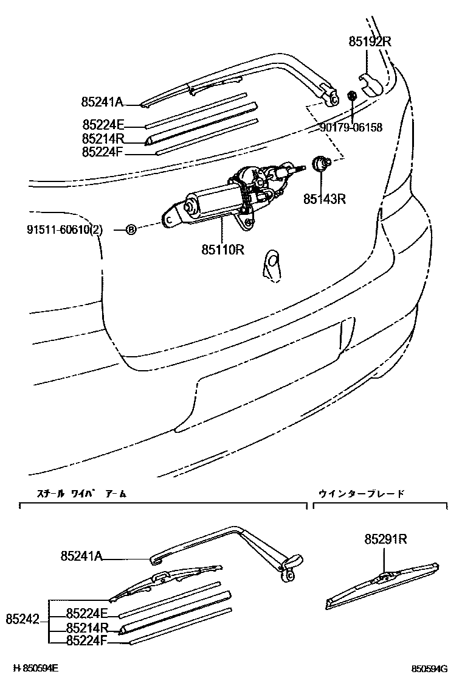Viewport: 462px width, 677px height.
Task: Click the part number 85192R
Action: pos(370,42)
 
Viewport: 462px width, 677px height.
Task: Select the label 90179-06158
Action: pos(351,127)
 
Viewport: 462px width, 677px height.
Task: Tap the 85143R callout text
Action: pos(325,199)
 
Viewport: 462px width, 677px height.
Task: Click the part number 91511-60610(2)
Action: pos(64,230)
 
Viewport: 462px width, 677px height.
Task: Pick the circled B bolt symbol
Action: pos(131,230)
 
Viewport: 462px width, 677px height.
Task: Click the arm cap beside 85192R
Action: pos(371,85)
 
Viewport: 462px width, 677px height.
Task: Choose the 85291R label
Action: pos(385,539)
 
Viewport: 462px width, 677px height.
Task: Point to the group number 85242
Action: pos(23,620)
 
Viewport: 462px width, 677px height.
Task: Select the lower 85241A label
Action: pos(81,555)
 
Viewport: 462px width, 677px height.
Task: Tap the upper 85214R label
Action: pos(103,139)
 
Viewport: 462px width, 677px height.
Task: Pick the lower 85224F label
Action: pos(87,639)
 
